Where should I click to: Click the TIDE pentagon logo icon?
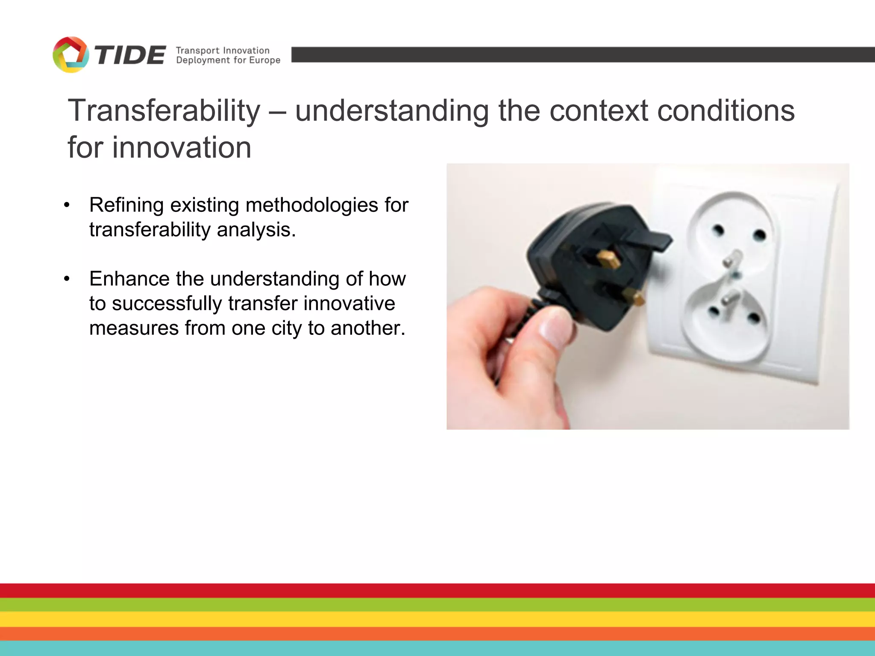pyautogui.click(x=70, y=55)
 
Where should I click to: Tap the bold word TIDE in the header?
pyautogui.click(x=130, y=56)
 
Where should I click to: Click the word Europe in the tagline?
pyautogui.click(x=264, y=60)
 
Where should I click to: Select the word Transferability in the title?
pyautogui.click(x=164, y=111)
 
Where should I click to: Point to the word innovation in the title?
pyautogui.click(x=182, y=148)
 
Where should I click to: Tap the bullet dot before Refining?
pyautogui.click(x=67, y=205)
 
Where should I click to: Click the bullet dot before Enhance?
pyautogui.click(x=67, y=279)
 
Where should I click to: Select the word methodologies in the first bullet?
pyautogui.click(x=311, y=205)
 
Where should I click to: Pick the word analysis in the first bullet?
pyautogui.click(x=256, y=230)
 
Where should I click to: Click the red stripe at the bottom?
pyautogui.click(x=437, y=591)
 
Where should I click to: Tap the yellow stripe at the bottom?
pyautogui.click(x=437, y=619)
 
